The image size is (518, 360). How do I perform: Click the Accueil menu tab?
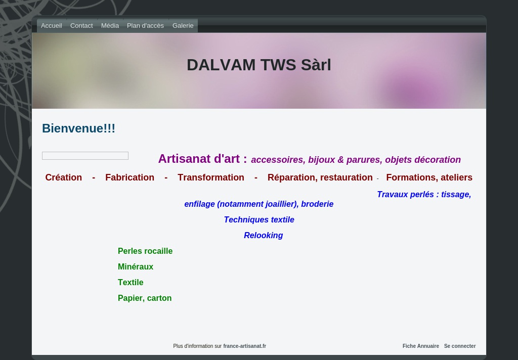click(x=52, y=26)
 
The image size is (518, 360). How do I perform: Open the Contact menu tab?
click(x=81, y=26)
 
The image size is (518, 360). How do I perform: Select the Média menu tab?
click(x=110, y=26)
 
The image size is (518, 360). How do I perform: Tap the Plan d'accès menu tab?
click(x=145, y=26)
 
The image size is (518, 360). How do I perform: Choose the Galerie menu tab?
click(x=183, y=26)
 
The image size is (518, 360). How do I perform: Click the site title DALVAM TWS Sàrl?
click(x=259, y=65)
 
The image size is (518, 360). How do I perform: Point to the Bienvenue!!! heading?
click(x=78, y=128)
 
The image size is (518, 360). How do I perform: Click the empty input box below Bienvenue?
click(x=85, y=156)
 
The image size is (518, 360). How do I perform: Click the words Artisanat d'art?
click(x=199, y=159)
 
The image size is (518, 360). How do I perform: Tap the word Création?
click(x=63, y=177)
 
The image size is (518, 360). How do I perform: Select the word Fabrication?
click(x=130, y=177)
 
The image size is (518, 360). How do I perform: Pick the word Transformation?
click(x=211, y=177)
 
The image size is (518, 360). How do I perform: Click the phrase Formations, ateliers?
click(x=429, y=177)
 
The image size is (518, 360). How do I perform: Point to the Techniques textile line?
click(x=259, y=219)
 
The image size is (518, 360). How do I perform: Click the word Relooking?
click(x=263, y=236)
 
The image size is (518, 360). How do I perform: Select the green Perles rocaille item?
click(x=145, y=251)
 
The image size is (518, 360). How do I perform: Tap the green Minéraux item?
click(x=136, y=266)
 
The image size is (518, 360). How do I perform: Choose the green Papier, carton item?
click(x=145, y=298)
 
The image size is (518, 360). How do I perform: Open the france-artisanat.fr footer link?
click(x=244, y=346)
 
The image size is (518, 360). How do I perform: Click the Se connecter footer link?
click(x=460, y=346)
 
